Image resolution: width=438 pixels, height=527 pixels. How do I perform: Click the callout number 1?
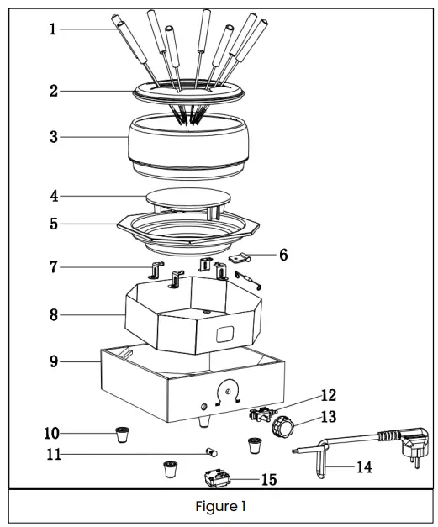(x=52, y=29)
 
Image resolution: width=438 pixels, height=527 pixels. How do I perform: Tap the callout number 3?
(x=53, y=136)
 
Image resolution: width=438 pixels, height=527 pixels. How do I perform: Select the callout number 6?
(x=283, y=255)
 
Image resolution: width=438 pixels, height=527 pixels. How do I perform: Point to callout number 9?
(x=53, y=363)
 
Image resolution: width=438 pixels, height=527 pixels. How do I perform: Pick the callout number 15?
(x=268, y=480)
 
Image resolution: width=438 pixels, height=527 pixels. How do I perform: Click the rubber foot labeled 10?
(x=123, y=435)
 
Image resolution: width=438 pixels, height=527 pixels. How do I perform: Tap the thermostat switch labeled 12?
(x=262, y=415)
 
